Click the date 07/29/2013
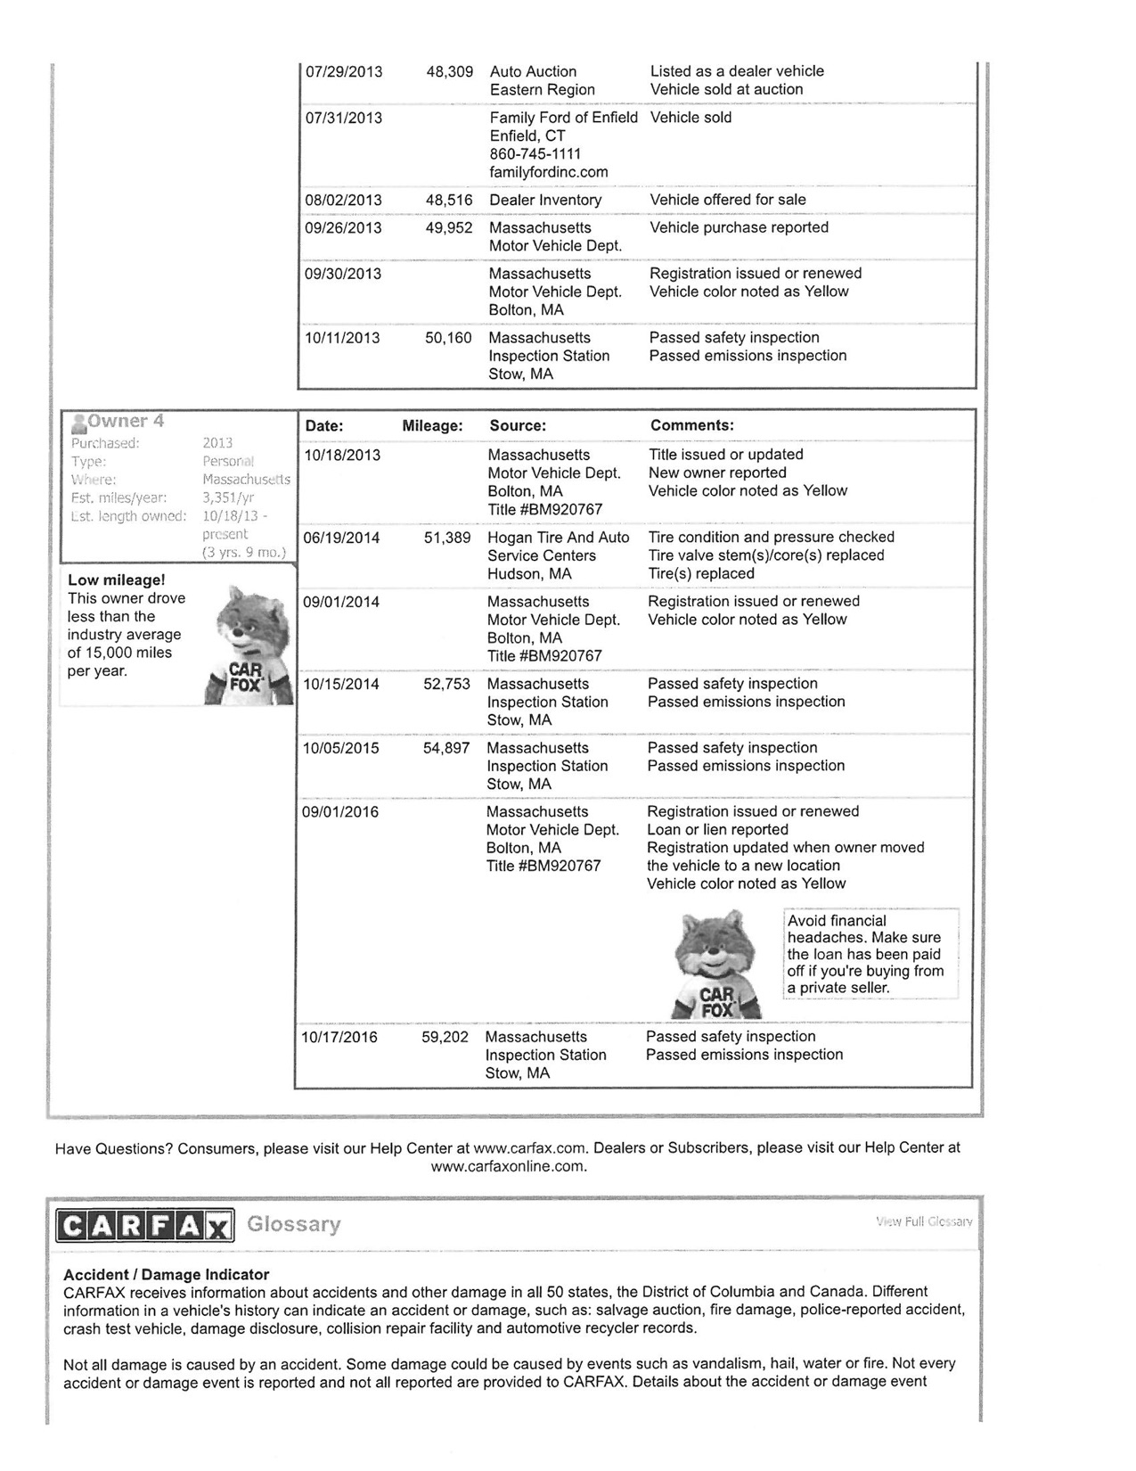344,72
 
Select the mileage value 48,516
449,201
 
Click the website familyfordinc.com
549,172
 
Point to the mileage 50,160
448,338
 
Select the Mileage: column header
432,426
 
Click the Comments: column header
692,426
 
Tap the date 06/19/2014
342,538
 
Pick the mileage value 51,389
447,538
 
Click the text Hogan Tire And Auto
558,538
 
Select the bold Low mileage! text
116,580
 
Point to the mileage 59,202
445,1038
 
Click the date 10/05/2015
340,748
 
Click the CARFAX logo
144,1225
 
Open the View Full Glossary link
924,1221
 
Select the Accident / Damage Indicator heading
166,1275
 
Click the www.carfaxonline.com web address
509,1166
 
